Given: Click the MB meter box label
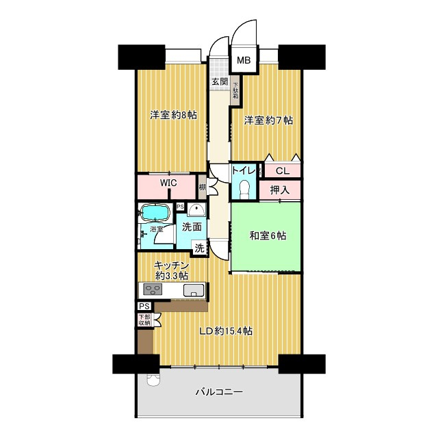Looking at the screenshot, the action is click(x=244, y=60).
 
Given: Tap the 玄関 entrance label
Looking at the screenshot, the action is click(x=220, y=81).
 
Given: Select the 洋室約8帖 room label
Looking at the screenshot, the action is click(x=173, y=115).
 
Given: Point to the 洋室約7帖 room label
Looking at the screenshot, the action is click(x=269, y=120).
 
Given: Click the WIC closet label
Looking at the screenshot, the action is click(x=168, y=183).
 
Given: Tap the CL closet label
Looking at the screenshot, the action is click(x=283, y=170).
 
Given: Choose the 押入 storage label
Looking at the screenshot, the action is click(x=279, y=190).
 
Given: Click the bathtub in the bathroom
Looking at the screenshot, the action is click(x=155, y=213).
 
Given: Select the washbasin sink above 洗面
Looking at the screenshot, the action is click(x=196, y=210).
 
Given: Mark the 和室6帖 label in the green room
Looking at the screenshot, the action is click(x=268, y=235).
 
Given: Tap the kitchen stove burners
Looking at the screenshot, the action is click(x=153, y=289).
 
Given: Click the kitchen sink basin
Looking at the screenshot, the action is click(x=194, y=290).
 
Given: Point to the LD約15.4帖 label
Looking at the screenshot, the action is click(x=225, y=331).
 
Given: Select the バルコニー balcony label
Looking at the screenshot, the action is click(x=219, y=392).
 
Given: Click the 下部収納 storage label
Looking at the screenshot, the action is click(x=144, y=320).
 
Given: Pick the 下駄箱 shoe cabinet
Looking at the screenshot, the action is click(x=235, y=90).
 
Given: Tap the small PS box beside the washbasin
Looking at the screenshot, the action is click(x=180, y=207).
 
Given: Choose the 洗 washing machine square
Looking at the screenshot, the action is click(x=199, y=248).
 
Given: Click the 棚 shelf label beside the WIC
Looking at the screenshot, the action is click(x=203, y=187).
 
